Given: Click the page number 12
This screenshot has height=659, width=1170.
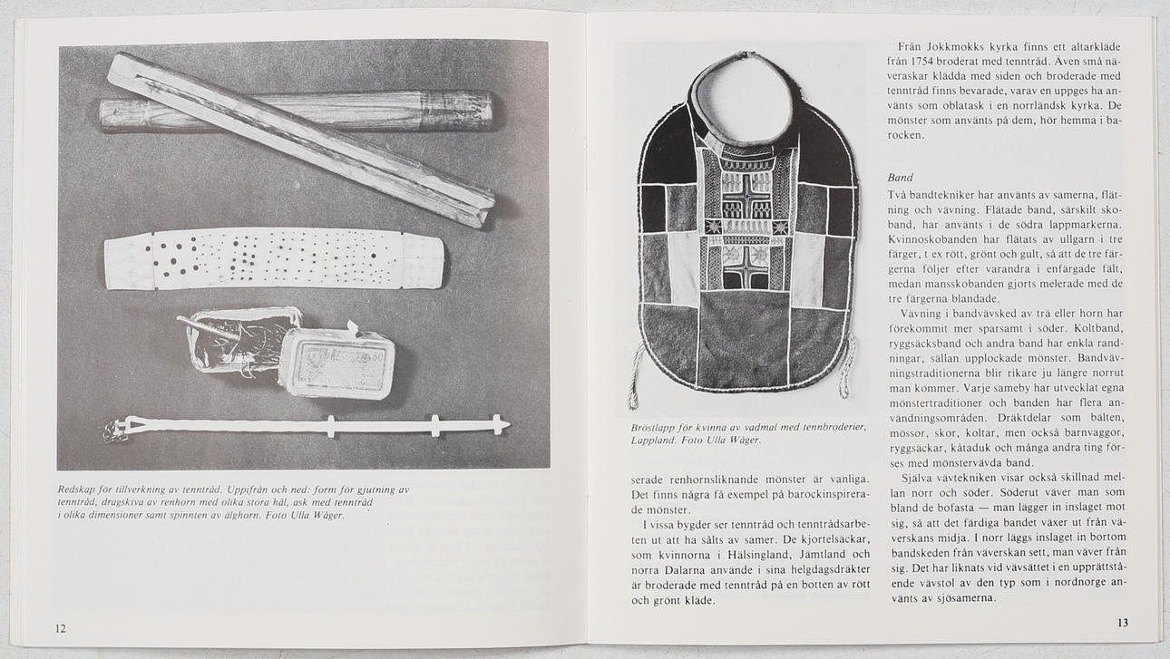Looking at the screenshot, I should click(x=60, y=628).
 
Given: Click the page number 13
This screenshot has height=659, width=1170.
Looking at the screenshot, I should click(x=1123, y=623).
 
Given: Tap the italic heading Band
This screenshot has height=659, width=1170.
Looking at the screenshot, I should click(x=900, y=178).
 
